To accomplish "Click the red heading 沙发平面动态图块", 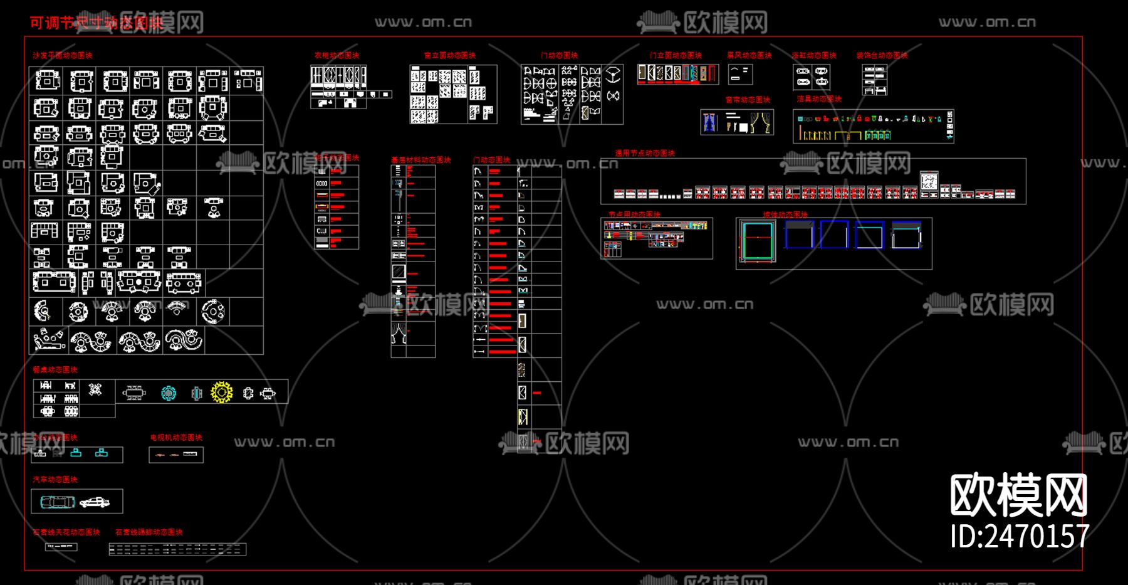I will (63, 56).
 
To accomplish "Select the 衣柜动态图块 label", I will (337, 56).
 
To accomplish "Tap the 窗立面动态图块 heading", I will (449, 56).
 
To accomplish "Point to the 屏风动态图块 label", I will (749, 56).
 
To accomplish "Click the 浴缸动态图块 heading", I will (813, 56).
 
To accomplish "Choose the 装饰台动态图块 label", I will (882, 56).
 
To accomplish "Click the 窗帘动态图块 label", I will (748, 100).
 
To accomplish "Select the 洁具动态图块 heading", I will (819, 99).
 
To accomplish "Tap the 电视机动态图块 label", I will (176, 438).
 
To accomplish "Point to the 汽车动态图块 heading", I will (55, 480).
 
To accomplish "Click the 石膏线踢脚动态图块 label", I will (149, 532).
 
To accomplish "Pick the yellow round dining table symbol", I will (222, 393).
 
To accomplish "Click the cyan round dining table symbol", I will (169, 393).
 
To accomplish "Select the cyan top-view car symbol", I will (57, 502).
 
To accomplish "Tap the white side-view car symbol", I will (95, 502).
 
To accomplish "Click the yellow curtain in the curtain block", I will (762, 123).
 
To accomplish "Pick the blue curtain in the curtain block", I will (710, 122).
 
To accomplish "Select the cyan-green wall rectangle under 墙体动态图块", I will (757, 240).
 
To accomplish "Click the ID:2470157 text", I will (1020, 537).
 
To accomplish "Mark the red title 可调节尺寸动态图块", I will (96, 23).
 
